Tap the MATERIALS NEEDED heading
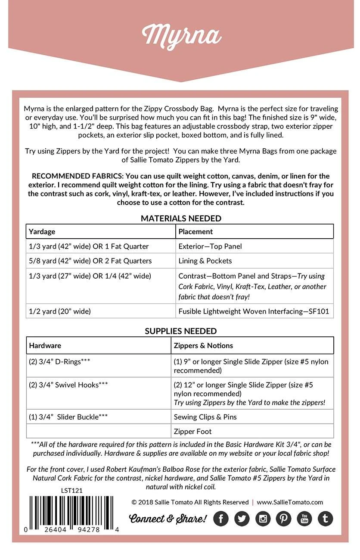(x=181, y=218)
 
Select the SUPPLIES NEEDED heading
(x=180, y=331)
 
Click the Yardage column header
(x=42, y=232)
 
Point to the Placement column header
(x=196, y=232)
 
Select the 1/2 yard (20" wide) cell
(x=60, y=311)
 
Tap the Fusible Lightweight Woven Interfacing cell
(x=254, y=311)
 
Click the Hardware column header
(x=45, y=345)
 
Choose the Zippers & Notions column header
(x=203, y=345)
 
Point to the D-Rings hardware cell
(x=59, y=362)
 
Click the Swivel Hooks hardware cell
(x=68, y=385)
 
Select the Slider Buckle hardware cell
(x=68, y=417)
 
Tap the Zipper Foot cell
(x=192, y=431)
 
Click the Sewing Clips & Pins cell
(x=205, y=417)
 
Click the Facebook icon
(x=221, y=519)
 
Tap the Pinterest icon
(x=283, y=519)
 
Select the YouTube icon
(x=304, y=519)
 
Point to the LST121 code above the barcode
(x=71, y=490)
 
